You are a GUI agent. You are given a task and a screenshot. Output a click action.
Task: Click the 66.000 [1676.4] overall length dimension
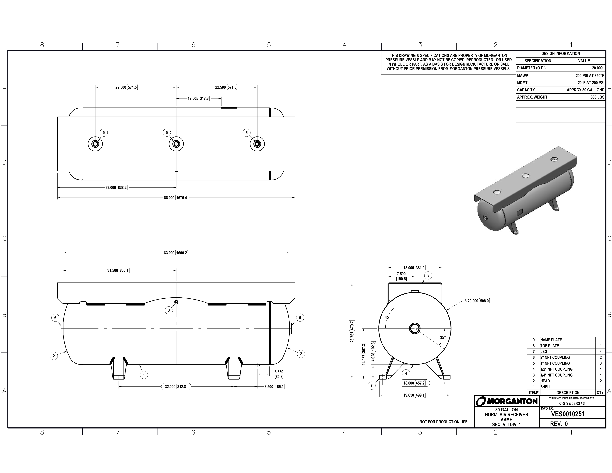(x=176, y=198)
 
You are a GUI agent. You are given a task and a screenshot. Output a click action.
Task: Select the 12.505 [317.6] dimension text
(x=198, y=99)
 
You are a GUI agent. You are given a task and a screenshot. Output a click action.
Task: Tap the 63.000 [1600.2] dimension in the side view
(x=176, y=253)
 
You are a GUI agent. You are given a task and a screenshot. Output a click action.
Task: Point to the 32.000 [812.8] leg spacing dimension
(x=176, y=387)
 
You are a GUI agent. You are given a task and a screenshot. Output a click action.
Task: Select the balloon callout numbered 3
(x=169, y=310)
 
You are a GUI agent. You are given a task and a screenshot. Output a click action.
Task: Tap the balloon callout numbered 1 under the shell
(x=144, y=375)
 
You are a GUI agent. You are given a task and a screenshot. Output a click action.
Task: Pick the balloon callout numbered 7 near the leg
(x=372, y=386)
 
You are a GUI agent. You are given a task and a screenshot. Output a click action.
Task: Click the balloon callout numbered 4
(x=406, y=373)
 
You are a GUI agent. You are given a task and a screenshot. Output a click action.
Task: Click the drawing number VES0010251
(x=568, y=414)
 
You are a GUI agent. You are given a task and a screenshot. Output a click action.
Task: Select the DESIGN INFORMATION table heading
(x=560, y=53)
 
